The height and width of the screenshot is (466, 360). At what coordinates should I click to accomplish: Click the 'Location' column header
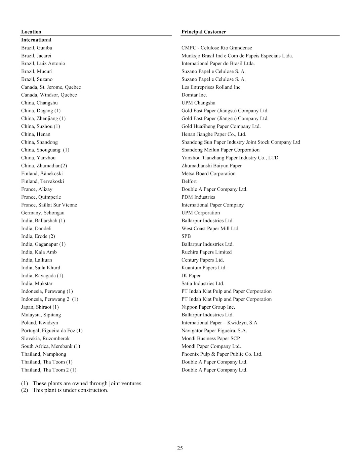(31, 32)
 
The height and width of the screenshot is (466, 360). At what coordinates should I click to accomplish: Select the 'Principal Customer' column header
(203, 32)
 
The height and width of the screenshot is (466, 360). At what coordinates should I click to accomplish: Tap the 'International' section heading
(36, 40)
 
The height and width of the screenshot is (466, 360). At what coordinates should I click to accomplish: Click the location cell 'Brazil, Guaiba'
(37, 48)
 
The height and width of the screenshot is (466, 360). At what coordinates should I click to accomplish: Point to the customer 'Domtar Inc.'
(194, 95)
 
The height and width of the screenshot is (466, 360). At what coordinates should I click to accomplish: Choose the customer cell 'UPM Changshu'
(198, 103)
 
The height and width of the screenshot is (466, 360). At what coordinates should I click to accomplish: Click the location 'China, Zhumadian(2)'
(44, 166)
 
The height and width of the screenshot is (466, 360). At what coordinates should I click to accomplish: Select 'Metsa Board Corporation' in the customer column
(208, 173)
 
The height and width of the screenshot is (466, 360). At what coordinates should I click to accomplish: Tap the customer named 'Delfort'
(189, 181)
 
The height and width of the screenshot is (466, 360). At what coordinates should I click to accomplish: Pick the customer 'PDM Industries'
(198, 197)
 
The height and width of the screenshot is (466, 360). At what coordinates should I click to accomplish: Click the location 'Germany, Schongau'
(43, 213)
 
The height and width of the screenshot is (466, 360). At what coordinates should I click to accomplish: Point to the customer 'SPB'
(186, 236)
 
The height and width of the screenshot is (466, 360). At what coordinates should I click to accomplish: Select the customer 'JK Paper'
(191, 276)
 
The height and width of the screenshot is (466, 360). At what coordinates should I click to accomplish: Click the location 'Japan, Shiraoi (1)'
(40, 307)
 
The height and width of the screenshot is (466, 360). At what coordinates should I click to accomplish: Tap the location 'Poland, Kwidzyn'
(39, 323)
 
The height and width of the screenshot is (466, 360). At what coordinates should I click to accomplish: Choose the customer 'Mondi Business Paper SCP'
(210, 339)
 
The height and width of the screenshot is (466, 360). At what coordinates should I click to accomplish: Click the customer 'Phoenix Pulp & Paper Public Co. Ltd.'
(222, 354)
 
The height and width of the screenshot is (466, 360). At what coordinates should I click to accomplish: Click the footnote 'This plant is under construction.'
(70, 390)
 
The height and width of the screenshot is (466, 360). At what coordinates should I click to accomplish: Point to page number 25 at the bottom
(180, 448)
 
